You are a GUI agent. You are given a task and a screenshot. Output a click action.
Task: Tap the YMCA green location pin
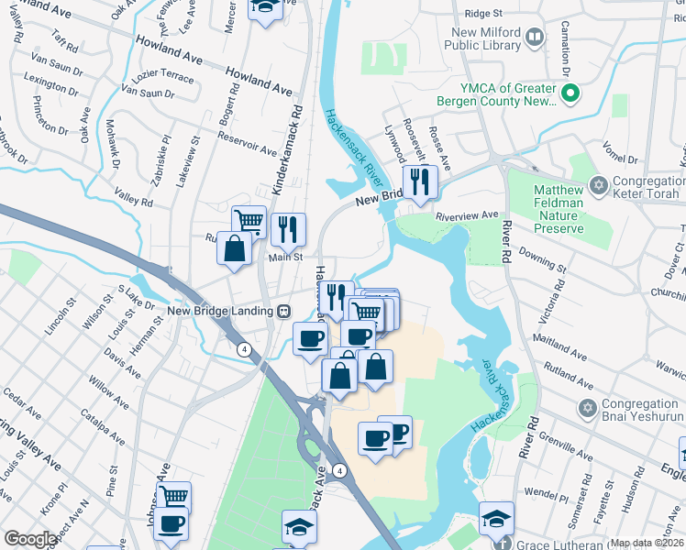(x=570, y=93)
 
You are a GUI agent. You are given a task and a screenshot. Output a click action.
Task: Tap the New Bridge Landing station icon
(x=284, y=312)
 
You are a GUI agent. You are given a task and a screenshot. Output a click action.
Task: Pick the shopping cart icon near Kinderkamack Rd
(x=248, y=221)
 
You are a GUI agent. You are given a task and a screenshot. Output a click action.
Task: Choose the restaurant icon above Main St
(x=288, y=228)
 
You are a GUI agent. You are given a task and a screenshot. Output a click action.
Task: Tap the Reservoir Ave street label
(x=248, y=143)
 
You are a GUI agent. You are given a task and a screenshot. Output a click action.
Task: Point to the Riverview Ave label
(x=467, y=216)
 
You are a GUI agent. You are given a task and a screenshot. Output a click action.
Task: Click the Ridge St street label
(x=484, y=14)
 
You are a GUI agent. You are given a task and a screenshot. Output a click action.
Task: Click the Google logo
(x=30, y=539)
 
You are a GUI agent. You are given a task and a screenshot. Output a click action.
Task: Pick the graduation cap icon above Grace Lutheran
(x=495, y=519)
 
